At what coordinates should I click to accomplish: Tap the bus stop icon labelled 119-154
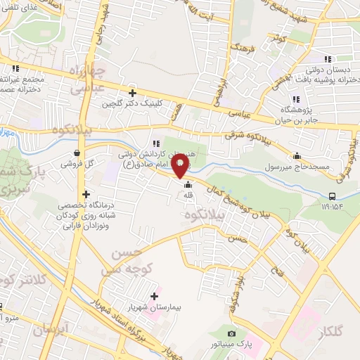[x=332, y=195]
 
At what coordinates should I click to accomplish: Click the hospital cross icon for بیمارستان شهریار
[x=155, y=296]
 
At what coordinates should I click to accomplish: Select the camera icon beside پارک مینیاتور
[x=232, y=333]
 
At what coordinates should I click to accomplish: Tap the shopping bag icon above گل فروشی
[x=77, y=153]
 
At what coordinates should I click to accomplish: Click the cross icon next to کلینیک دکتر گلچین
[x=132, y=92]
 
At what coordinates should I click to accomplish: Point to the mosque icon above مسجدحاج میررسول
[x=297, y=155]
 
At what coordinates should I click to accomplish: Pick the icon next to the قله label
[x=187, y=186]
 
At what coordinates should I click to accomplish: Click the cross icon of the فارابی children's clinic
[x=86, y=195]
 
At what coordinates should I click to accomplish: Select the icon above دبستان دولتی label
[x=326, y=59]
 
